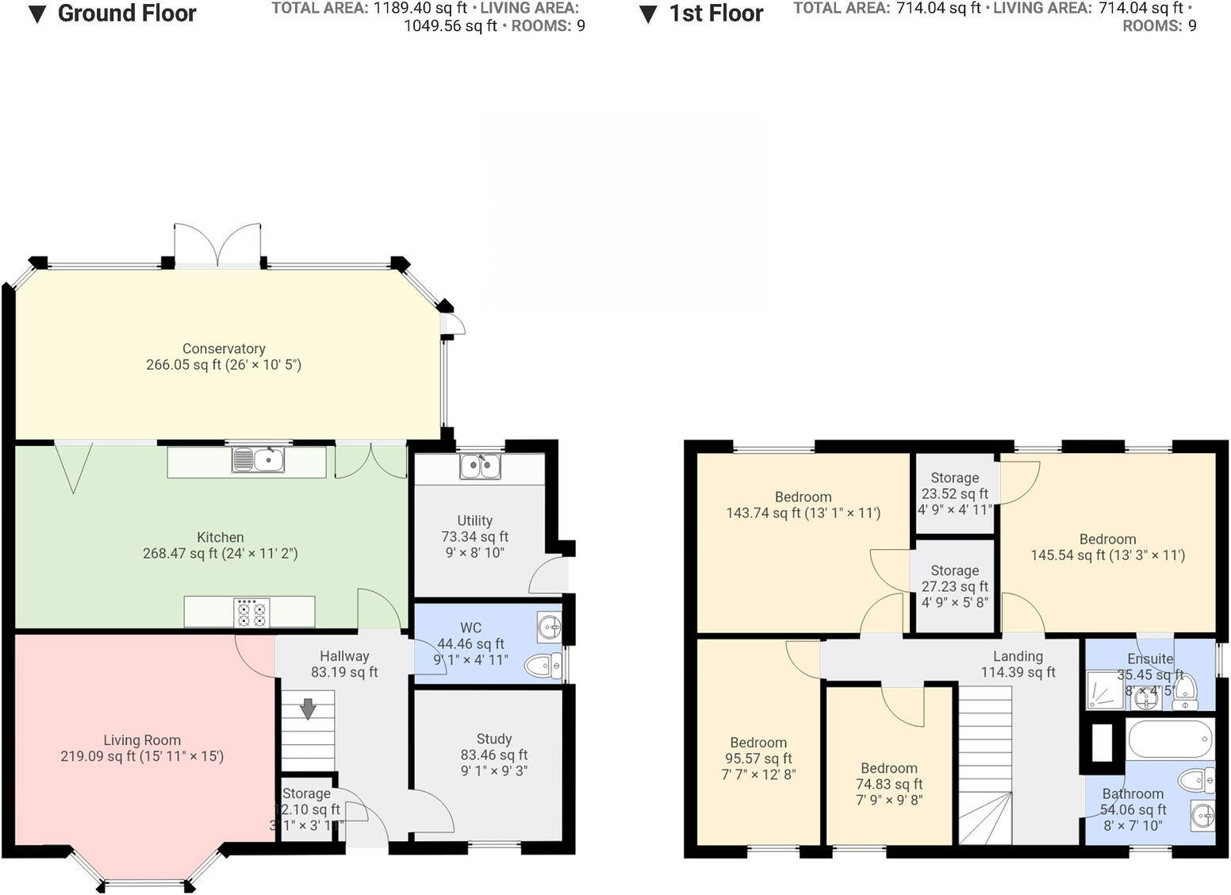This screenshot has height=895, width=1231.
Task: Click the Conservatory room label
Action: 224,348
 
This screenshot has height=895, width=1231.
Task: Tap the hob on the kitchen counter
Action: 251,612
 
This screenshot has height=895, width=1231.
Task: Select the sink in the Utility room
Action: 480,467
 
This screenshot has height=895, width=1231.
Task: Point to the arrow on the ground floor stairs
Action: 307,707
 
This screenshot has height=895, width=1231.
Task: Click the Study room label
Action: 493,739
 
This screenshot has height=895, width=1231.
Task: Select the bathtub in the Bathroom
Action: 1170,739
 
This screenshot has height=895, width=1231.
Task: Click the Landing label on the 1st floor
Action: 1018,656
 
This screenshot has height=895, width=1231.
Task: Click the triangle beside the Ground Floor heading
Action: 37,15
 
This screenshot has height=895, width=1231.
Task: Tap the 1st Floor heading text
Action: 715,14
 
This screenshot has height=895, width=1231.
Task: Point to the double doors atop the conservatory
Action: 217,245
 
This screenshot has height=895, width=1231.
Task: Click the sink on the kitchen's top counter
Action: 259,459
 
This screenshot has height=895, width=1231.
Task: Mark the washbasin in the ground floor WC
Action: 548,629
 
